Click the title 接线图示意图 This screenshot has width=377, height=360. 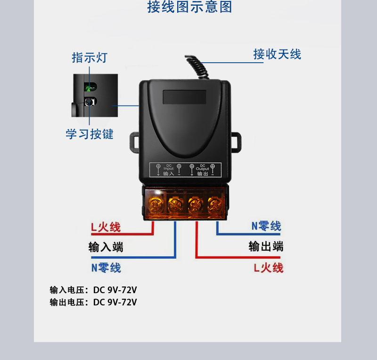click(x=190, y=8)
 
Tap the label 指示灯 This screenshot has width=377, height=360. click(x=90, y=57)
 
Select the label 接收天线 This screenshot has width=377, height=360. click(x=277, y=54)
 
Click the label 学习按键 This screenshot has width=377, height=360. click(x=90, y=134)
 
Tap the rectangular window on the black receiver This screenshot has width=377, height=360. click(x=185, y=97)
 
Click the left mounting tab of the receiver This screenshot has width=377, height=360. click(x=134, y=142)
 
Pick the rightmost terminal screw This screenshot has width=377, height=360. click(x=215, y=204)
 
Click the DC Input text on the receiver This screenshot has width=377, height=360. click(x=169, y=168)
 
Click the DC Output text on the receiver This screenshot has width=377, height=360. click(x=202, y=168)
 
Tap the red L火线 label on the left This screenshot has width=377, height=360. click(x=106, y=227)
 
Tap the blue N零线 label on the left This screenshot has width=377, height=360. click(x=106, y=268)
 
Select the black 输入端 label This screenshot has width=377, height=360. click(x=106, y=247)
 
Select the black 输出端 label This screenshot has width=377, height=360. click(x=266, y=246)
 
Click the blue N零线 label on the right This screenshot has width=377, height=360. click(x=266, y=226)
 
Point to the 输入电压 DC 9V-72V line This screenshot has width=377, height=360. click(x=93, y=290)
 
